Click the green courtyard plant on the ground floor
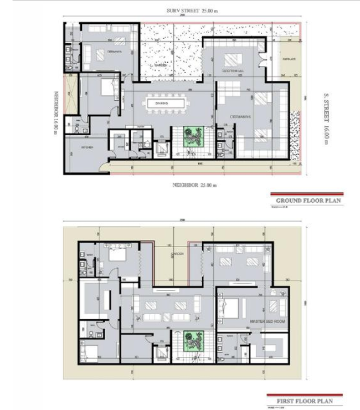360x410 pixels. point(194,137)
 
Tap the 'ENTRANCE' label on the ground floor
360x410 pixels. point(289,60)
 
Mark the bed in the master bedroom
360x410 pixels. point(234,306)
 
